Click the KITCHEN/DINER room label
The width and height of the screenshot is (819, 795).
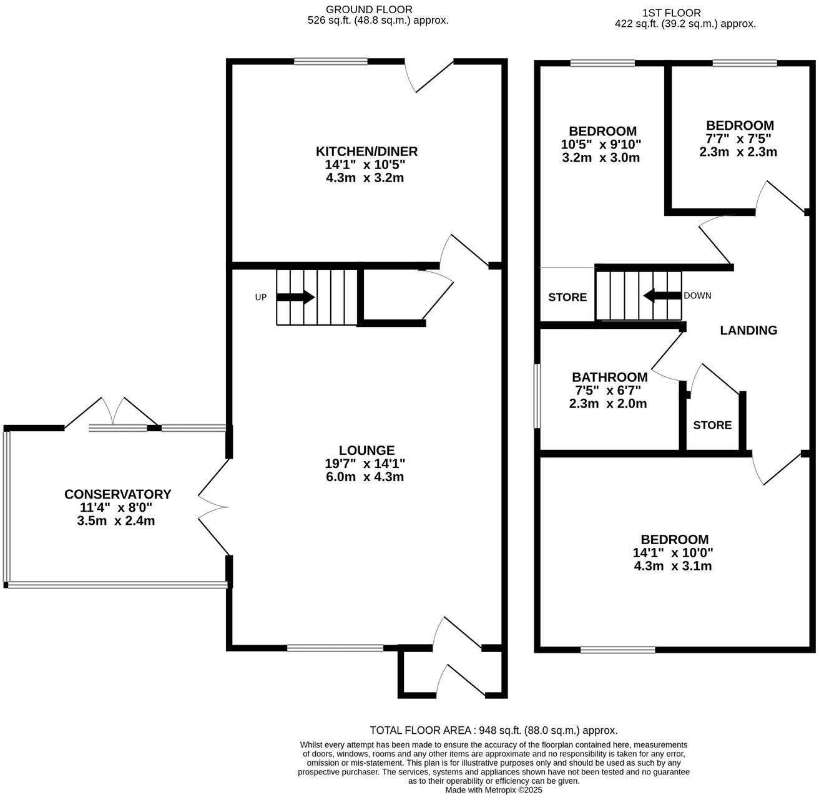[x=366, y=152]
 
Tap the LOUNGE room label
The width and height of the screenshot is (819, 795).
[x=366, y=450]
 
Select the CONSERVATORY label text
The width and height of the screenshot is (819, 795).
[x=117, y=494]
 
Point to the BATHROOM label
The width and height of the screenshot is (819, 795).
[x=609, y=377]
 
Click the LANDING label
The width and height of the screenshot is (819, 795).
[x=748, y=331]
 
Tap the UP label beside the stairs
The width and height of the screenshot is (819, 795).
[x=260, y=298]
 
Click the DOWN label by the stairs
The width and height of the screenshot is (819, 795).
[x=697, y=296]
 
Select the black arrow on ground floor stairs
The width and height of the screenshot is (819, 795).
[x=295, y=298]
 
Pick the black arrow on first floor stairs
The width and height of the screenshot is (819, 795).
[x=662, y=296]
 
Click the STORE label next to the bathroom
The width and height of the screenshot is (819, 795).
[x=712, y=425]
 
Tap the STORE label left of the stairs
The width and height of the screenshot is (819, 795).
[x=567, y=297]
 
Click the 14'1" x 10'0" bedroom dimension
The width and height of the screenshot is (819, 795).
[x=673, y=553]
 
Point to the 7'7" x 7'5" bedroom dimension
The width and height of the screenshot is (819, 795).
[x=740, y=139]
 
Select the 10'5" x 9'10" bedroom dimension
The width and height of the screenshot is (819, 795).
[x=602, y=144]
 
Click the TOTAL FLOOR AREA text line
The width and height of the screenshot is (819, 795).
[x=493, y=730]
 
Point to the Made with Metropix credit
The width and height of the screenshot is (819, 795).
[x=493, y=789]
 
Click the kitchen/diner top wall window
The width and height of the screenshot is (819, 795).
[x=331, y=61]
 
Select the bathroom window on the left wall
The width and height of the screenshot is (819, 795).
[x=537, y=396]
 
